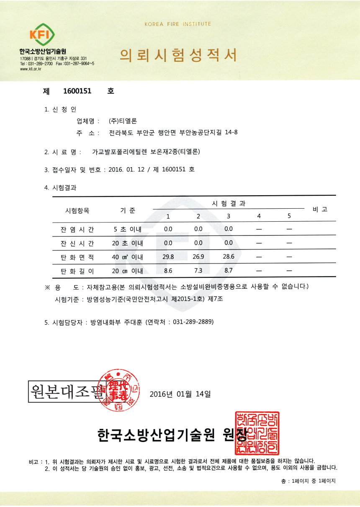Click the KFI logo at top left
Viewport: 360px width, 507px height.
click(x=42, y=35)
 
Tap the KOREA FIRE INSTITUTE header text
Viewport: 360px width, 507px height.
click(x=178, y=24)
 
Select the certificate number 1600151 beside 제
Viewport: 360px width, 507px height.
click(x=77, y=91)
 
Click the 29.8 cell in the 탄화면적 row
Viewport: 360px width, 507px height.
click(x=168, y=257)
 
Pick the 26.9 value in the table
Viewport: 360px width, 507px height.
click(x=198, y=257)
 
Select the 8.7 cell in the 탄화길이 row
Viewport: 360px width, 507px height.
click(x=229, y=271)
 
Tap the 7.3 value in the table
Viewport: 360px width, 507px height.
click(x=198, y=271)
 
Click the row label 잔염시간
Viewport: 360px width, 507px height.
click(x=77, y=229)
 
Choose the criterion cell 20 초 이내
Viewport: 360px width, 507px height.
click(x=128, y=243)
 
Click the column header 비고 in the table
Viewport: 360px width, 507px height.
click(x=320, y=209)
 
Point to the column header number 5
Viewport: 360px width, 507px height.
click(x=289, y=216)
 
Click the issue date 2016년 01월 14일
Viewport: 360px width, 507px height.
click(x=180, y=394)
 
